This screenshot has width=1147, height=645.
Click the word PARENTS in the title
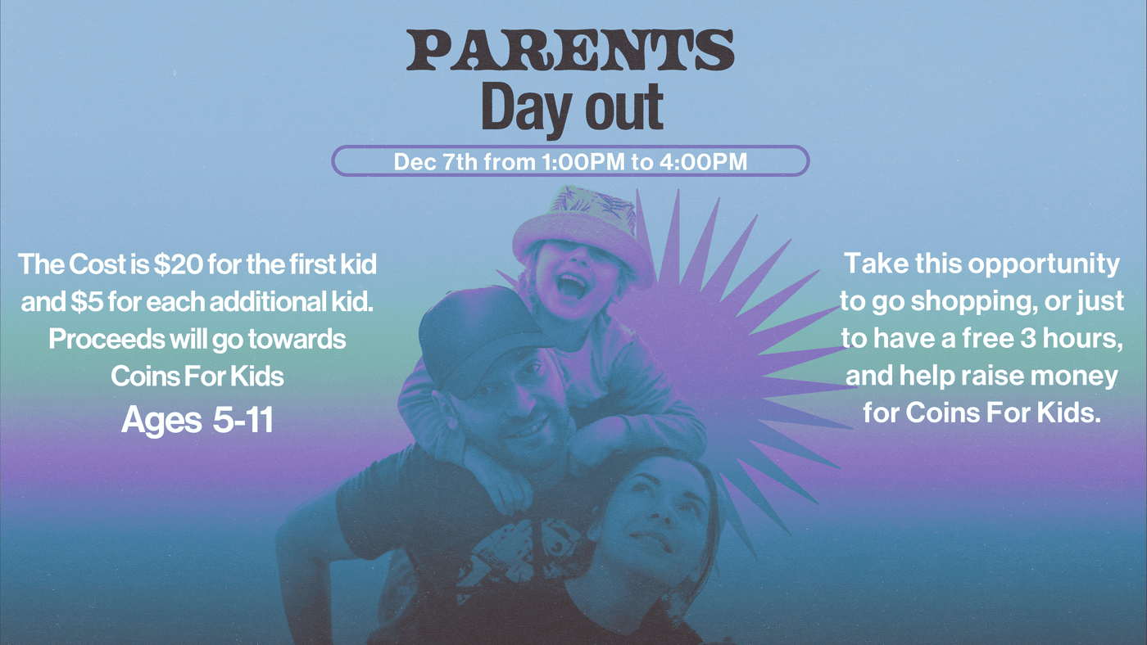click(570, 51)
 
